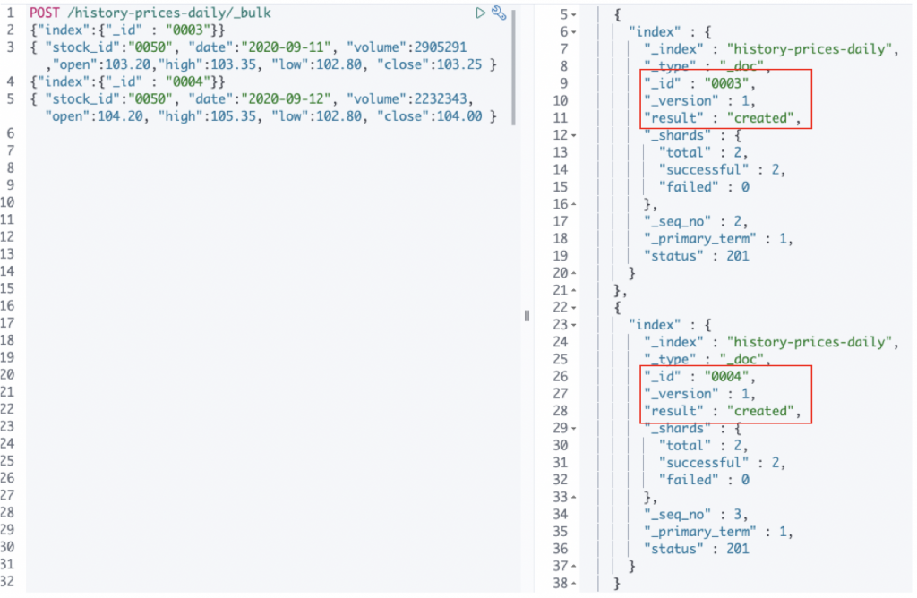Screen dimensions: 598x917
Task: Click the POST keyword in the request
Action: tap(45, 13)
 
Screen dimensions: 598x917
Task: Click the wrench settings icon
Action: tap(500, 13)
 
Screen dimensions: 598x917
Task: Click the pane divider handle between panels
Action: tap(527, 315)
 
